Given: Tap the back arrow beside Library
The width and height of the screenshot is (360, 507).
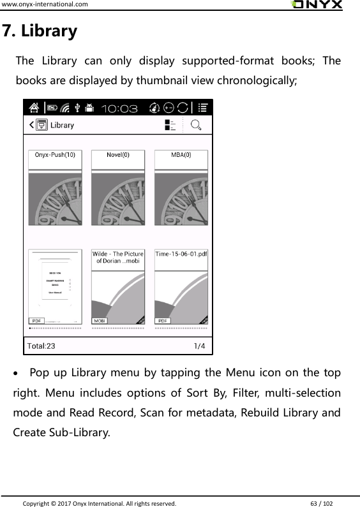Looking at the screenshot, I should coord(31,126).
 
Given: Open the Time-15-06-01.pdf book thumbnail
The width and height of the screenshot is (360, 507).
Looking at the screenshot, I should coord(181,287).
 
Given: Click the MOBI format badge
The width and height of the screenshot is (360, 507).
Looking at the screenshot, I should coord(100,321).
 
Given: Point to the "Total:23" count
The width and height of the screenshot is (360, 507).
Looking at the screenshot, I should coord(41,346).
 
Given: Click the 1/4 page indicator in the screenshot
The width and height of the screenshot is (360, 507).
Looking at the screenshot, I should coord(199,346).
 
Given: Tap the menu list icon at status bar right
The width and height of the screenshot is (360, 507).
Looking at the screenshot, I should coord(203,108).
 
